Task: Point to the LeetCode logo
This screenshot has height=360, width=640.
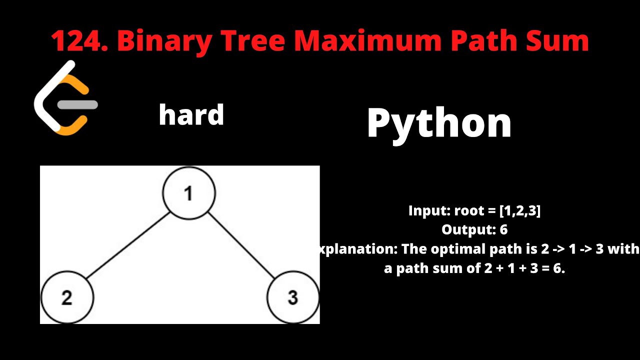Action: tap(65, 98)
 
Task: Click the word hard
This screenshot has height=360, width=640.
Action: tap(191, 115)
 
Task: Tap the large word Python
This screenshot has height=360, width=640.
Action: tap(439, 123)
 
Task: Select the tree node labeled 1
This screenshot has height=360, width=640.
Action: tap(189, 193)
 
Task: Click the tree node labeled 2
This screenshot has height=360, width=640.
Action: tap(67, 297)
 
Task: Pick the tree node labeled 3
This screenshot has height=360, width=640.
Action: tap(293, 297)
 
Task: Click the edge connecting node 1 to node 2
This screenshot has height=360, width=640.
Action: tap(128, 245)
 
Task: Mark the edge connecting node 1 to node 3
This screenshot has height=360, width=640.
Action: tap(241, 245)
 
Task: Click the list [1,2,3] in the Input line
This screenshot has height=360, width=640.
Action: tap(520, 210)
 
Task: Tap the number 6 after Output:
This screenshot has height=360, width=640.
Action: tap(503, 229)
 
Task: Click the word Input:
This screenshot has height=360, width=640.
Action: tap(429, 210)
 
